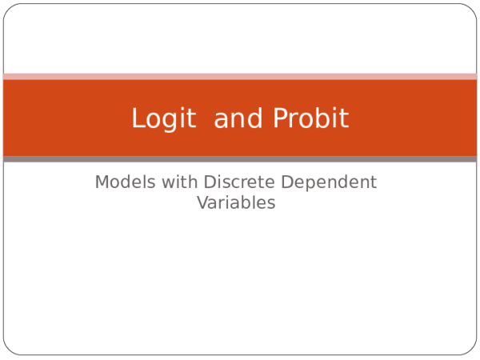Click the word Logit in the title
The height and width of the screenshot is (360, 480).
(163, 118)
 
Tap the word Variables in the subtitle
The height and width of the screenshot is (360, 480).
(236, 203)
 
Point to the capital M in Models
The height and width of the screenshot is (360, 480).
(102, 182)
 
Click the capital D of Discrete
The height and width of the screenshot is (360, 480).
(210, 182)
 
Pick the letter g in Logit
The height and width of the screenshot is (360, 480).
(171, 121)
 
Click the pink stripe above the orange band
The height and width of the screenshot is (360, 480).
(240, 77)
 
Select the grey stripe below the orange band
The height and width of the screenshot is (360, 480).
(240, 159)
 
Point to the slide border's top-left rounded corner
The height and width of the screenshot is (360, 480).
(8, 8)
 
